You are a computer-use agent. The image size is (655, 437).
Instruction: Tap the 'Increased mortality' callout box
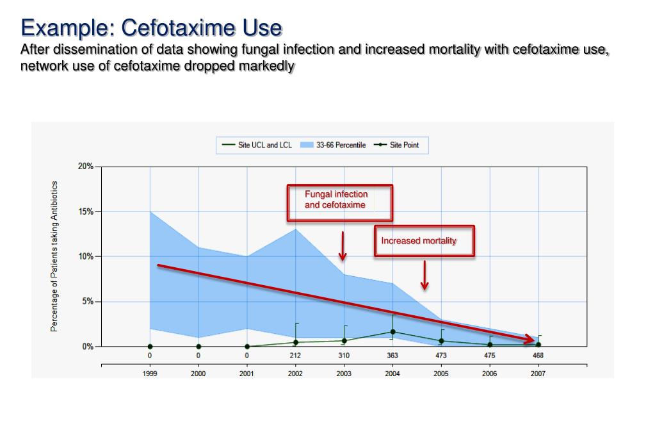coord(424,241)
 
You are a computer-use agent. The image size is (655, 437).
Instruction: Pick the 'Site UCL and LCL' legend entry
coord(257,145)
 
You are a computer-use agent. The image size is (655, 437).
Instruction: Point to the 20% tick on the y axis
coord(85,166)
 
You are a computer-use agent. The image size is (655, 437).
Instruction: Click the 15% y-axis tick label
coord(85,211)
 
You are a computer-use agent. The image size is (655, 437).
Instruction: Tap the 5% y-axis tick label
coord(87,301)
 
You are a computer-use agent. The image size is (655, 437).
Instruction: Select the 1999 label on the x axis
coord(150,374)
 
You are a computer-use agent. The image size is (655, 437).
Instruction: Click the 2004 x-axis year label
coord(392,374)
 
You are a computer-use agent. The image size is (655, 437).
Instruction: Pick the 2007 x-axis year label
coord(538,374)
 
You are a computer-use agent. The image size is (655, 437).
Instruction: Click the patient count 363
coord(392,355)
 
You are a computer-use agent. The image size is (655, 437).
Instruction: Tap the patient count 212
coord(295,355)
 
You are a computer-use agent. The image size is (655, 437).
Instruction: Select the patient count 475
coord(490,355)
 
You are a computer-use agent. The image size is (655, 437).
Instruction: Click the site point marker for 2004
coord(392,332)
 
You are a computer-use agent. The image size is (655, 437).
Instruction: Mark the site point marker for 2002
coord(295,342)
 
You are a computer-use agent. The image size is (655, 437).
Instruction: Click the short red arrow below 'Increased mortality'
coord(424,275)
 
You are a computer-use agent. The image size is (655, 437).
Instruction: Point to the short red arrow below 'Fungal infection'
coord(343,246)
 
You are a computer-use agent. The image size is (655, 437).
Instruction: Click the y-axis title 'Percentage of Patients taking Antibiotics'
coord(54,256)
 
